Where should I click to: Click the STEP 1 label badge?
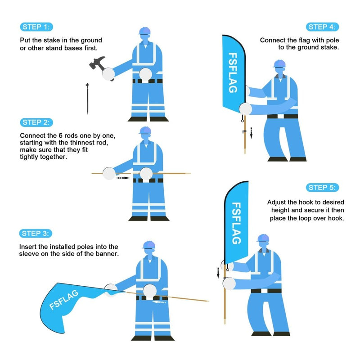click(x=36, y=27)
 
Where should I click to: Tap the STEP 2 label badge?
click(x=36, y=122)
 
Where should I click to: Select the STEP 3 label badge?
click(x=36, y=233)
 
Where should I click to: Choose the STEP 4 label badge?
click(x=323, y=27)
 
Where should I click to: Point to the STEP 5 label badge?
click(x=323, y=188)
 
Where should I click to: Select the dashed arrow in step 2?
click(x=122, y=178)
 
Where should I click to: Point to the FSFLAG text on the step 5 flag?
click(x=236, y=223)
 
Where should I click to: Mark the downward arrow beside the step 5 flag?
click(x=218, y=272)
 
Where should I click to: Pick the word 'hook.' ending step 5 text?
click(x=335, y=218)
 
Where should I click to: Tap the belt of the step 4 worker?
click(x=282, y=117)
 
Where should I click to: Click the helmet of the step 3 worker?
click(x=149, y=245)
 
